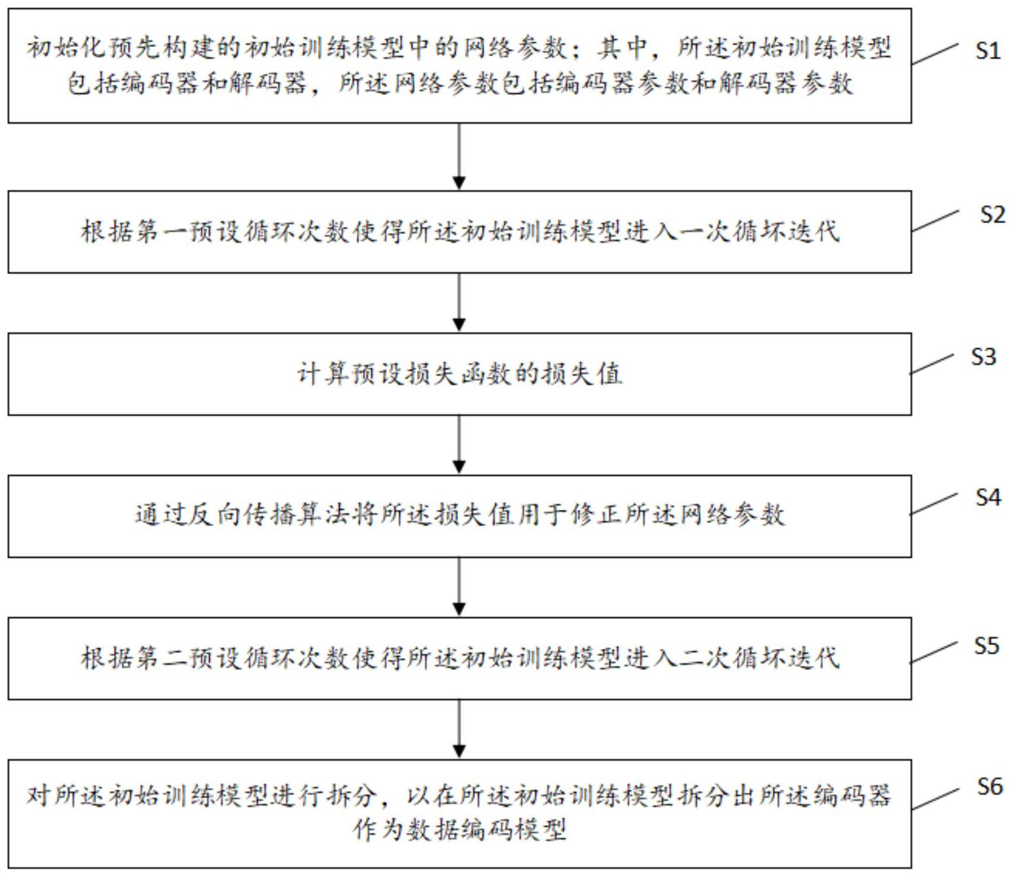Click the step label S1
[988, 51]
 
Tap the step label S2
[992, 214]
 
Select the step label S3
[984, 356]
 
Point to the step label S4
[988, 497]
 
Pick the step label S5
[987, 645]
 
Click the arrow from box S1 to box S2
[459, 156]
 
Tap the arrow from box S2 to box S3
[459, 302]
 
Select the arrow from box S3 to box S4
[459, 444]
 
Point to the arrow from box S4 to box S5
[459, 587]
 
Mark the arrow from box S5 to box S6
[459, 729]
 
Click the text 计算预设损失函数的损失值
[460, 374]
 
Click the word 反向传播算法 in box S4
[270, 515]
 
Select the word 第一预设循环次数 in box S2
[243, 231]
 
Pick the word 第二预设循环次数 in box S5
[243, 658]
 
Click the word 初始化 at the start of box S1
[66, 48]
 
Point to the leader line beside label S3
[932, 364]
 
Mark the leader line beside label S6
[934, 799]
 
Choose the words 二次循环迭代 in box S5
[760, 658]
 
